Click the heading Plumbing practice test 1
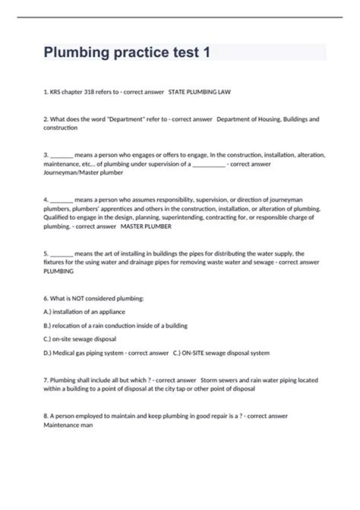click(127, 53)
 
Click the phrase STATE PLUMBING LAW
click(199, 92)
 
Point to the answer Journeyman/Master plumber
click(83, 173)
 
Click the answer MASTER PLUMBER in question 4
click(146, 227)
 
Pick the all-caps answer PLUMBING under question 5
click(58, 271)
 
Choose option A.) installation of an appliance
click(84, 312)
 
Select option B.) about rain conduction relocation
click(115, 326)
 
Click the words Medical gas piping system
click(88, 353)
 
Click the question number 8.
click(45, 416)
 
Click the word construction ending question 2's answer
click(60, 128)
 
